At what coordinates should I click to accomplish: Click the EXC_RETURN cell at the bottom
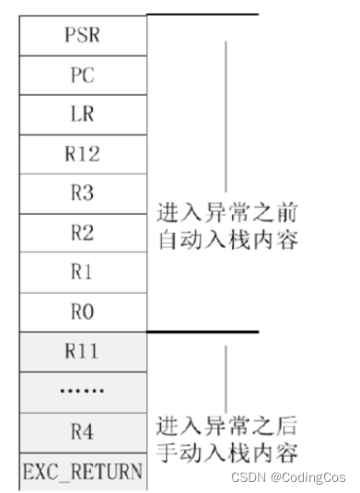click(81, 472)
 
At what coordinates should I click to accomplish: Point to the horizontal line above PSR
click(203, 14)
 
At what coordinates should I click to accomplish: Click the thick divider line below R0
click(203, 332)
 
